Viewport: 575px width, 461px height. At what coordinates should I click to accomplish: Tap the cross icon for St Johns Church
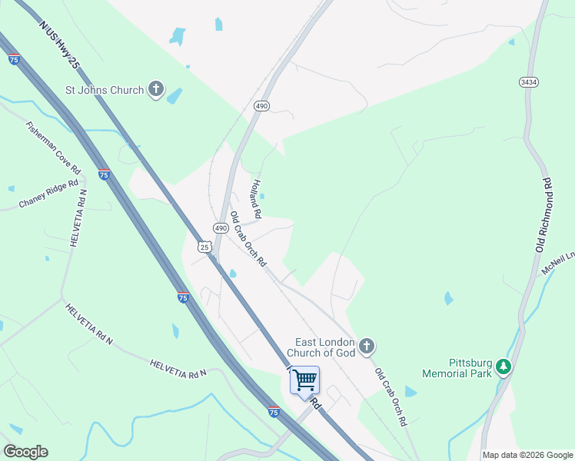pyautogui.click(x=156, y=90)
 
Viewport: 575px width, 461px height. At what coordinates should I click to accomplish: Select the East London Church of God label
pyautogui.click(x=321, y=347)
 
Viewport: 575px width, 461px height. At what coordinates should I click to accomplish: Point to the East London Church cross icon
pyautogui.click(x=367, y=347)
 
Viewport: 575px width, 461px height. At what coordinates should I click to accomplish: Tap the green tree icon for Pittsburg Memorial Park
pyautogui.click(x=504, y=367)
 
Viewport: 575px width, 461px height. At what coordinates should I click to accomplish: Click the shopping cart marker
pyautogui.click(x=305, y=379)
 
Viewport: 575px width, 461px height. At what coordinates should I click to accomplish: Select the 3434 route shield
pyautogui.click(x=528, y=82)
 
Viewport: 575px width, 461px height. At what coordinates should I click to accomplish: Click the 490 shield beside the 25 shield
pyautogui.click(x=221, y=229)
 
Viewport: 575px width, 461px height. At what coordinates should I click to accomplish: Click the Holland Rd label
pyautogui.click(x=255, y=198)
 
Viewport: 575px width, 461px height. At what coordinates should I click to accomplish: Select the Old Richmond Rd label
pyautogui.click(x=544, y=215)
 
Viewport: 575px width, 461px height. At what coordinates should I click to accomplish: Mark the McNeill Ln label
pyautogui.click(x=558, y=263)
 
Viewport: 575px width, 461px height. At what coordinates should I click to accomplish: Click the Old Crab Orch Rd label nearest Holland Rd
pyautogui.click(x=248, y=239)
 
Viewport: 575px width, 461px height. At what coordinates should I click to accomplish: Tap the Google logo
pyautogui.click(x=25, y=452)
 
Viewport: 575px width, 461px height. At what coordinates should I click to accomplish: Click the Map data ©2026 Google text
pyautogui.click(x=527, y=455)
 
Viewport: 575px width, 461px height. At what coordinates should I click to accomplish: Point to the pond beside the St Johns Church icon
pyautogui.click(x=175, y=95)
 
